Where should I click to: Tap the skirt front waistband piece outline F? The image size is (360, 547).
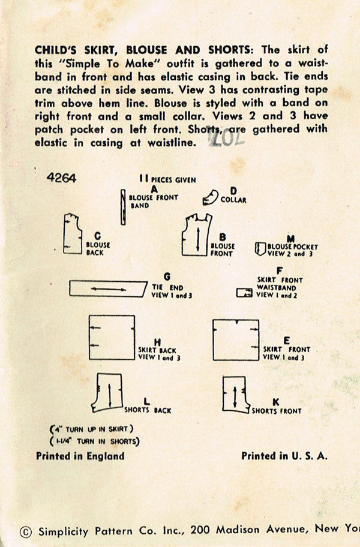[x=244, y=293]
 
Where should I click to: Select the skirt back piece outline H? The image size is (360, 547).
[x=112, y=336]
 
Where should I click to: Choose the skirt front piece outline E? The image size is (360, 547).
[x=236, y=339]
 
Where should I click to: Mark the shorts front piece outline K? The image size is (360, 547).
[x=235, y=394]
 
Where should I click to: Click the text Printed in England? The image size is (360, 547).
[x=80, y=456]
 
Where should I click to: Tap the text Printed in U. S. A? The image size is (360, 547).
[x=284, y=456]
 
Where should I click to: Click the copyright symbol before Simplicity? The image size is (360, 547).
[x=25, y=531]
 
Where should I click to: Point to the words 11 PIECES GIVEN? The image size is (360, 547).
[x=167, y=179]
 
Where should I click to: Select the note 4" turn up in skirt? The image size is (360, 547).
[x=91, y=429]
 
